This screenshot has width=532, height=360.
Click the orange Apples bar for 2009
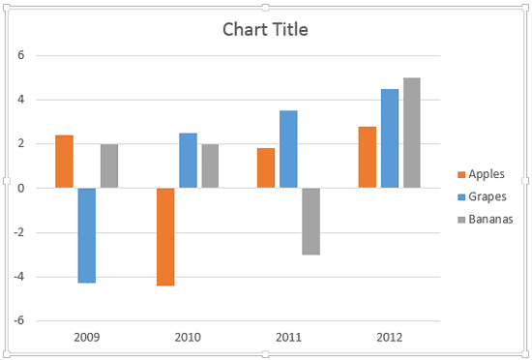(64, 162)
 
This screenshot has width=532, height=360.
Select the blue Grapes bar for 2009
(87, 235)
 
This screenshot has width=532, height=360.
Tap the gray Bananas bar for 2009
(109, 165)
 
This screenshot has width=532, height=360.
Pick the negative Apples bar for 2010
(165, 237)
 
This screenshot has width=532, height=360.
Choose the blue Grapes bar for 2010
(188, 161)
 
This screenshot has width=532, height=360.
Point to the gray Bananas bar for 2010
(211, 165)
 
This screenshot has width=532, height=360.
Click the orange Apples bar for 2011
(266, 168)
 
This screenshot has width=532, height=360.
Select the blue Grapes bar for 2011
(288, 149)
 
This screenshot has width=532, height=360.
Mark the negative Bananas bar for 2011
(311, 222)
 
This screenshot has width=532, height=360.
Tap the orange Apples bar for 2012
(367, 158)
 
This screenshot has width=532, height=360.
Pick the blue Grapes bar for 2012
(390, 138)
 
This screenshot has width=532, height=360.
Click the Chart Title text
(265, 29)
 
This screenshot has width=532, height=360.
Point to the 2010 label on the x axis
(188, 338)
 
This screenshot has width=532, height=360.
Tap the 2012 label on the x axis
(390, 338)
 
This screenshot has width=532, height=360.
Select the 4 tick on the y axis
(20, 100)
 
